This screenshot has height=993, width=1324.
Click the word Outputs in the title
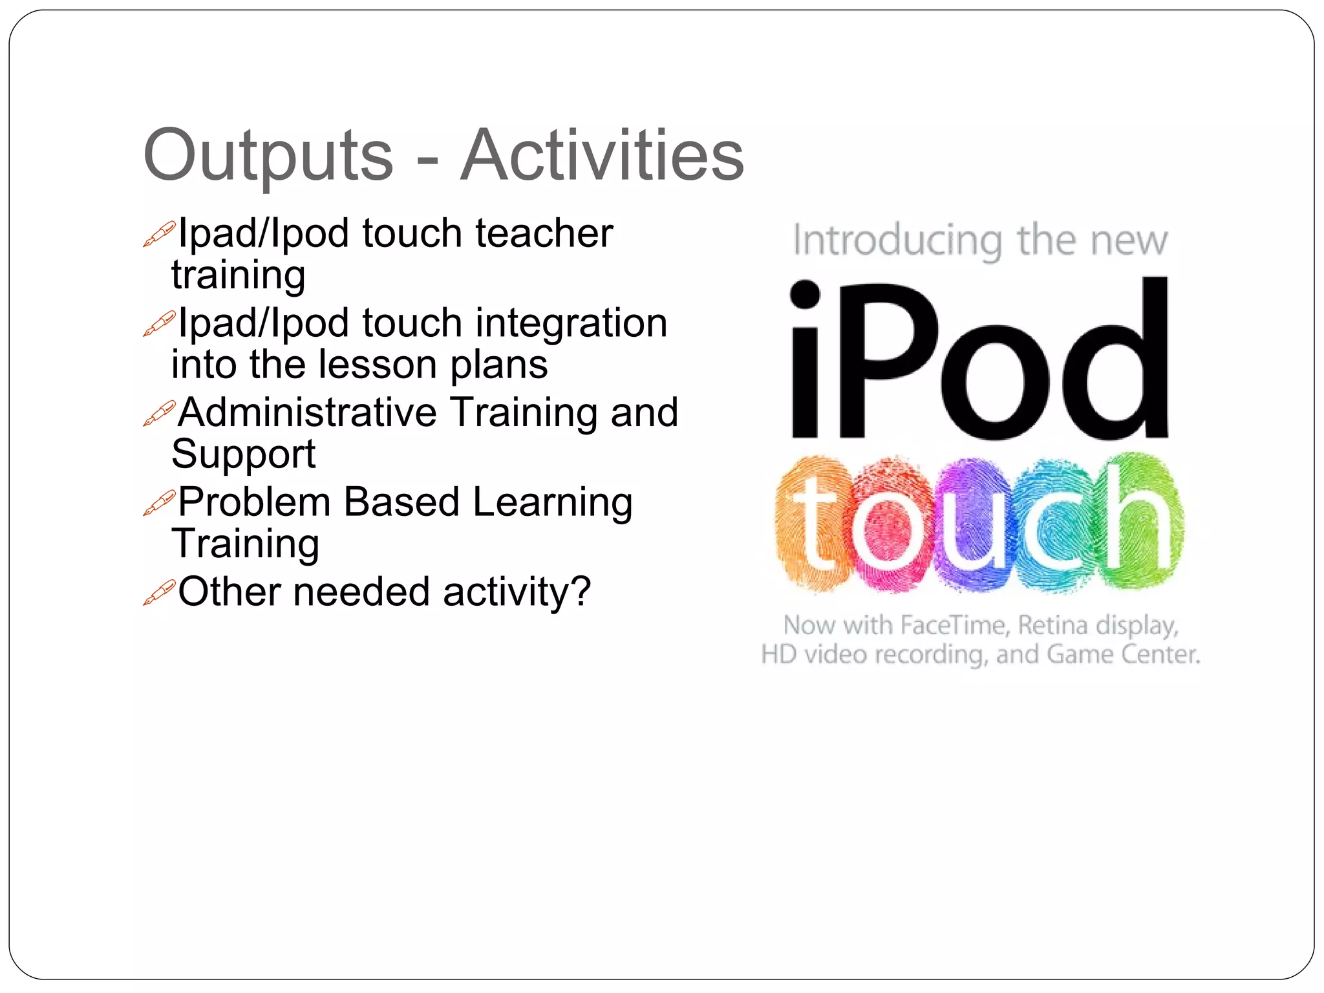(268, 156)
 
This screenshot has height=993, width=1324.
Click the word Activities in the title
(602, 156)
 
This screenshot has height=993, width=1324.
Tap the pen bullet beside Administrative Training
(158, 414)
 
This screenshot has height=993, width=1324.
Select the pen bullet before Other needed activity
(158, 593)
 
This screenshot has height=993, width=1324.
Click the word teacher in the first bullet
(544, 234)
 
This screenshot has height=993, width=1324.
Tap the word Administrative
(307, 412)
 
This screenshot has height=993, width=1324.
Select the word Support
(243, 454)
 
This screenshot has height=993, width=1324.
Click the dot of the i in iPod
(805, 294)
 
